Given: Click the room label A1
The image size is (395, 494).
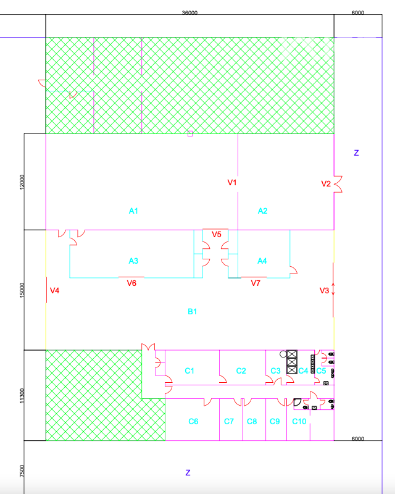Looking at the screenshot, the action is click(x=133, y=211).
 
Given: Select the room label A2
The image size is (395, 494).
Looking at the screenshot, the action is click(x=262, y=211).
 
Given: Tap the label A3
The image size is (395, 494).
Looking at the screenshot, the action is click(x=133, y=261).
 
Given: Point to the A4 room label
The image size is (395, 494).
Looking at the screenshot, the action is click(x=262, y=261).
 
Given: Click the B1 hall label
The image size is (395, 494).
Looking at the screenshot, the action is click(x=192, y=312).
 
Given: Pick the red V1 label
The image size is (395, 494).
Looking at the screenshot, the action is click(x=232, y=182).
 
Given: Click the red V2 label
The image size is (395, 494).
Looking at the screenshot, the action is click(x=326, y=183).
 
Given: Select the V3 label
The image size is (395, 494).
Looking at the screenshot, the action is click(x=324, y=290).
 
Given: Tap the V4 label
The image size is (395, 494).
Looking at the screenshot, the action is click(x=54, y=290).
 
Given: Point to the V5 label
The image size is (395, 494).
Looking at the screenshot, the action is click(x=217, y=235).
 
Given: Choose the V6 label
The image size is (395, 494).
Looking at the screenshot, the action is click(x=131, y=283).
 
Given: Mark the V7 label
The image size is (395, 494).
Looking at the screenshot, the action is click(x=256, y=283).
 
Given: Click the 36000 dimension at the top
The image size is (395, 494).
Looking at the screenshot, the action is click(x=189, y=12).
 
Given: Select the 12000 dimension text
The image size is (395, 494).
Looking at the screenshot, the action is click(x=22, y=182).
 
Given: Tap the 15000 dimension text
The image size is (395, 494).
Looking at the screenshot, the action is click(x=22, y=290).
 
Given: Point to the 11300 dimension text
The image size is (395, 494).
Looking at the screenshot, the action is click(x=22, y=395).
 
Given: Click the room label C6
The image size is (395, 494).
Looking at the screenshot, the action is click(x=193, y=422).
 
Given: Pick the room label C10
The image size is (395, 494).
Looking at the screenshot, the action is click(x=299, y=422).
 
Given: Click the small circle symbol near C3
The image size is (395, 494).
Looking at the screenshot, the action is click(x=283, y=354).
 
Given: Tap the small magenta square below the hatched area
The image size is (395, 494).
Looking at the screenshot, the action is click(x=190, y=133).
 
